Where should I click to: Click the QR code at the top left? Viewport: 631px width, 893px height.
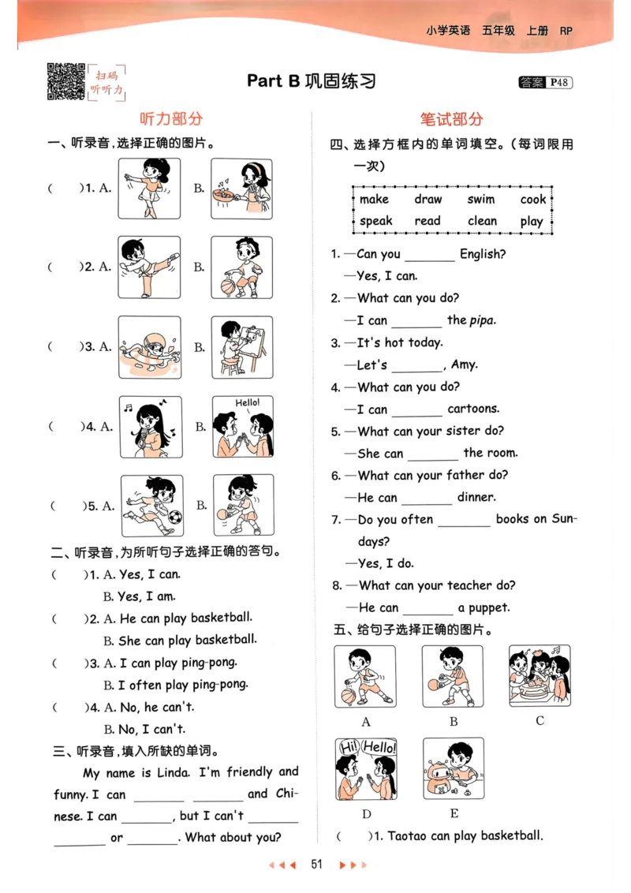coord(66,80)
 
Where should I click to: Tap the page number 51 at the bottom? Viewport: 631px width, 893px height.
coord(317,865)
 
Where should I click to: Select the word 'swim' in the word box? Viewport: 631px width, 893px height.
coord(480,200)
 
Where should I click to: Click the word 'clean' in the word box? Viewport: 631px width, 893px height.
coord(482,222)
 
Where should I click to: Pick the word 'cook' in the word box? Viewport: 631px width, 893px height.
coord(533,200)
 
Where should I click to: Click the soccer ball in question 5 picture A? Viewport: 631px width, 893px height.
coord(174,517)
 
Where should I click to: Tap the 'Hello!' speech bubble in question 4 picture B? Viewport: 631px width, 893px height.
coord(247,403)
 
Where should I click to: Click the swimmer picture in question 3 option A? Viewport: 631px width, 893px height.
coord(150,347)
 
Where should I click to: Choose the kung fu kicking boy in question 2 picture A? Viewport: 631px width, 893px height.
coord(150,267)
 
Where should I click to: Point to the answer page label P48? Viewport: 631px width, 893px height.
coord(560,82)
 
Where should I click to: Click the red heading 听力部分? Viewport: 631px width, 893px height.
coord(171,119)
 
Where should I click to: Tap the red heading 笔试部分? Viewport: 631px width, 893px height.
coord(451,119)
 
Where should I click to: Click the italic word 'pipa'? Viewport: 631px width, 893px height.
coord(482,320)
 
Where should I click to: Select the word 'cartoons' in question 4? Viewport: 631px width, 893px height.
coord(473,409)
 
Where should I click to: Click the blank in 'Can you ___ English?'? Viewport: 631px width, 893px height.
coord(430,256)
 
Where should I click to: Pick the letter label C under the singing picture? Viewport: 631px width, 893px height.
coord(540,720)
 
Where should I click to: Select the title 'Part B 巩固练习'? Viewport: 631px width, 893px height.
coord(312,81)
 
